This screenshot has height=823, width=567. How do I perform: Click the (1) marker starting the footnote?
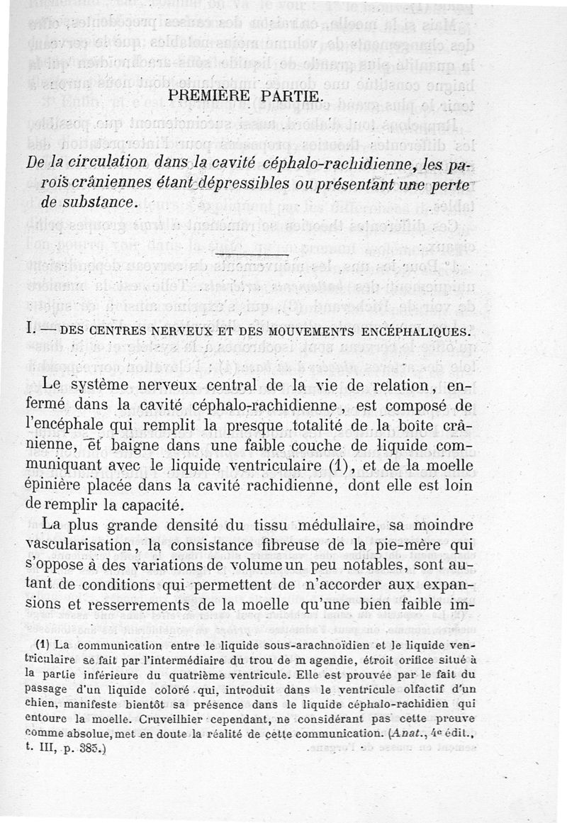(41, 645)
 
